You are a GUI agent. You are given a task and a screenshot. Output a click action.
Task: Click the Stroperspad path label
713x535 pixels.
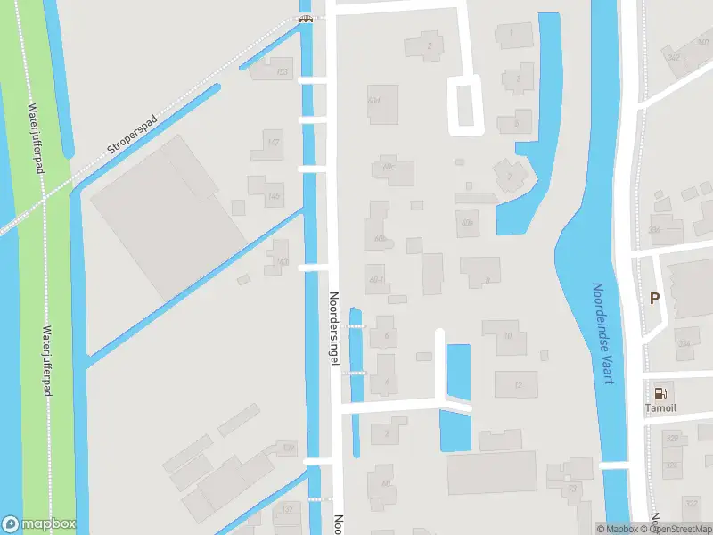pyautogui.click(x=132, y=135)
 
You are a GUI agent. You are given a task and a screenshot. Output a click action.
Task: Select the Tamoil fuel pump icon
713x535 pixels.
pyautogui.click(x=660, y=391)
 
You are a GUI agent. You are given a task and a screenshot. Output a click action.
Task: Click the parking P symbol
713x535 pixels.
pyautogui.click(x=654, y=299)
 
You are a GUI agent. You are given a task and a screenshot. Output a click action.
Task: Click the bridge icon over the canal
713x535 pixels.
pyautogui.click(x=306, y=19)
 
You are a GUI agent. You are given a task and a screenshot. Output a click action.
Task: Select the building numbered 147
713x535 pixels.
pyautogui.click(x=274, y=143)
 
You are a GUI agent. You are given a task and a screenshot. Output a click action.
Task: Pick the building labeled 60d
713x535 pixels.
pyautogui.click(x=373, y=101)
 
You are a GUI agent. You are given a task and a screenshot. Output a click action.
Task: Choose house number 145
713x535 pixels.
pyautogui.click(x=274, y=195)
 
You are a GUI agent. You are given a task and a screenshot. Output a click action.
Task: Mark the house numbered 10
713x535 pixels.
pyautogui.click(x=507, y=336)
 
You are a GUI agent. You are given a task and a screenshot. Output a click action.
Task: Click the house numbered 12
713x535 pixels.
pyautogui.click(x=518, y=385)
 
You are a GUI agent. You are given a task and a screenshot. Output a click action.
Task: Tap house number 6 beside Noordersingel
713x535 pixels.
pyautogui.click(x=386, y=336)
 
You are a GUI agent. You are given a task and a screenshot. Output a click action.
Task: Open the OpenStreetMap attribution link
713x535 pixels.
pyautogui.click(x=681, y=529)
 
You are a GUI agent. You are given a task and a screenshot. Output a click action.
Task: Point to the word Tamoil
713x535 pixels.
pyautogui.click(x=660, y=408)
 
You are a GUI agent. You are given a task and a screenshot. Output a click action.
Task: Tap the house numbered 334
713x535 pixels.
pyautogui.click(x=684, y=343)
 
